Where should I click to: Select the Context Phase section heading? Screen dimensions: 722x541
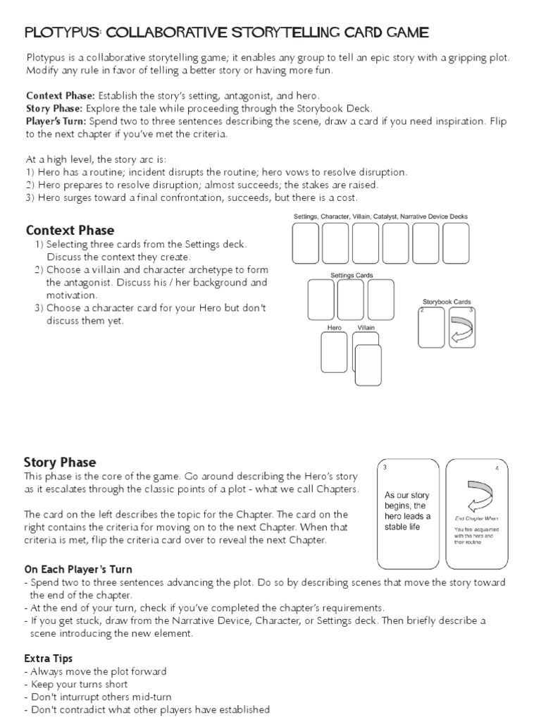tap(70, 231)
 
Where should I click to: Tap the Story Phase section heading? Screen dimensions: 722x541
tap(60, 463)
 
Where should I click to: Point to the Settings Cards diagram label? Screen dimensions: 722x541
tap(352, 275)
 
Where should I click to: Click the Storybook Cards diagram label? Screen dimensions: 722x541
tap(447, 302)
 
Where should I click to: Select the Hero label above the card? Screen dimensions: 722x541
tap(335, 328)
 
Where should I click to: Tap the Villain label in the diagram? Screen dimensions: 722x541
tap(366, 328)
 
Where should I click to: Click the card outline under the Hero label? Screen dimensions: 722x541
tap(334, 352)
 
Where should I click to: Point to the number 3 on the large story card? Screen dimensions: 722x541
tap(385, 467)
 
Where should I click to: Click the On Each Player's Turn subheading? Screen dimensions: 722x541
tap(78, 569)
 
